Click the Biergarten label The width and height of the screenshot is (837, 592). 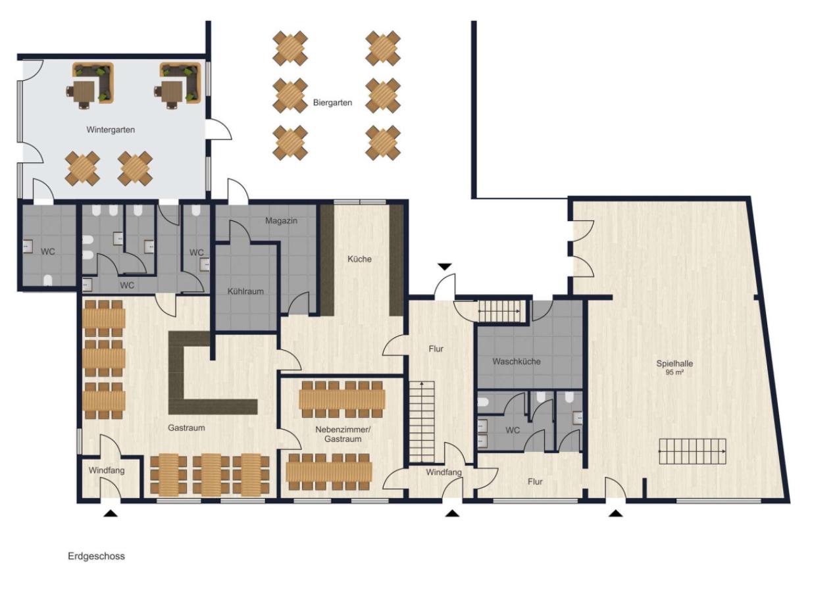(x=332, y=103)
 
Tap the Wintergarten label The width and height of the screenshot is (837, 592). (x=111, y=130)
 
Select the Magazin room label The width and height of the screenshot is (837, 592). (x=282, y=221)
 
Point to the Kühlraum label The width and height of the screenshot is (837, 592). (x=245, y=291)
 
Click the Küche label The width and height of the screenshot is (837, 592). (x=359, y=259)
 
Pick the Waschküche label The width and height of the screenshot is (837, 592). (x=517, y=362)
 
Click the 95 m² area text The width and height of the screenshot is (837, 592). (x=674, y=372)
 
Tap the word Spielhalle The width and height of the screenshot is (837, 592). (x=674, y=363)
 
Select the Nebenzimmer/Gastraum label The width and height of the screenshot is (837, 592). (x=343, y=434)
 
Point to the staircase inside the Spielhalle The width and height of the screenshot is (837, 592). (x=692, y=451)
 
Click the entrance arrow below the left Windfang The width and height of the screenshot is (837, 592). (x=111, y=514)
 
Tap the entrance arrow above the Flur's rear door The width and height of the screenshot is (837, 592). (x=445, y=266)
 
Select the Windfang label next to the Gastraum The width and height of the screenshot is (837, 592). (x=107, y=470)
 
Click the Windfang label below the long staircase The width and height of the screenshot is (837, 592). (x=444, y=472)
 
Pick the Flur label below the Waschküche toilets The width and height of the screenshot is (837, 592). (x=535, y=481)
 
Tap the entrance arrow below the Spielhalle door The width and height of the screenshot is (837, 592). (x=616, y=514)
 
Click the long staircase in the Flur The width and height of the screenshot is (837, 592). (x=422, y=422)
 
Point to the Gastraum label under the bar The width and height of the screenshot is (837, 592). (x=186, y=428)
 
